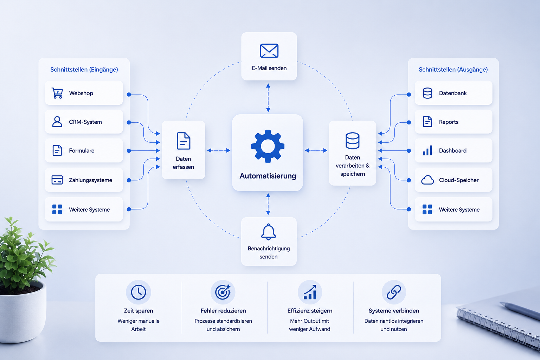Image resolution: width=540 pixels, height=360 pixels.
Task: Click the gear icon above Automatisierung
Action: point(268,146)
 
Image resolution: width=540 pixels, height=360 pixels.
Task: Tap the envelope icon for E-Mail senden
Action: point(269,51)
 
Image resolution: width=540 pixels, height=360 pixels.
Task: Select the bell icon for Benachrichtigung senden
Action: point(268,232)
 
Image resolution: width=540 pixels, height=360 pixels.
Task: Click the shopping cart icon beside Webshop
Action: point(57,93)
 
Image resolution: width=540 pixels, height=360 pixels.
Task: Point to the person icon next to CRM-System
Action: point(57,122)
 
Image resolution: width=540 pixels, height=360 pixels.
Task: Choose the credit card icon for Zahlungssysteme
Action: point(57,180)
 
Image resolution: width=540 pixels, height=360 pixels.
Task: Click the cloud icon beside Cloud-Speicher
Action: point(427,180)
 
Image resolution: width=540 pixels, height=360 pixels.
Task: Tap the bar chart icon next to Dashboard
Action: point(427,150)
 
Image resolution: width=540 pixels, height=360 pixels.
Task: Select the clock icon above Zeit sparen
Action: point(139,292)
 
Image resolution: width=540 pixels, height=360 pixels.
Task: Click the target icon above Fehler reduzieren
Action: point(223,292)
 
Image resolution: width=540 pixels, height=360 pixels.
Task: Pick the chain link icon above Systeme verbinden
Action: point(394,292)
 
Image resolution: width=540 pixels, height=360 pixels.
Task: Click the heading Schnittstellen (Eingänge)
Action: point(84,70)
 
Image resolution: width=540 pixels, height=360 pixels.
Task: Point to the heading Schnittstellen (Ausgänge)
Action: point(453,70)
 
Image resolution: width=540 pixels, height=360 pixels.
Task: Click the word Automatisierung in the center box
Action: point(268,176)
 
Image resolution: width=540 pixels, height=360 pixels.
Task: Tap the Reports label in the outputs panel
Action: point(449,122)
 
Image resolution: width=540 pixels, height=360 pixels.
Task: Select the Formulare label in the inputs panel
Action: point(82,151)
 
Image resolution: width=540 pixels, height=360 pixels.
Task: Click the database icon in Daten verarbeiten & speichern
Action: point(353,141)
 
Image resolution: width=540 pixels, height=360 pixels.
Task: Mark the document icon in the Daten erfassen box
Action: point(184,141)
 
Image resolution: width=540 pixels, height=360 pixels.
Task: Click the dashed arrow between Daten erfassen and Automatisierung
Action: point(219,150)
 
